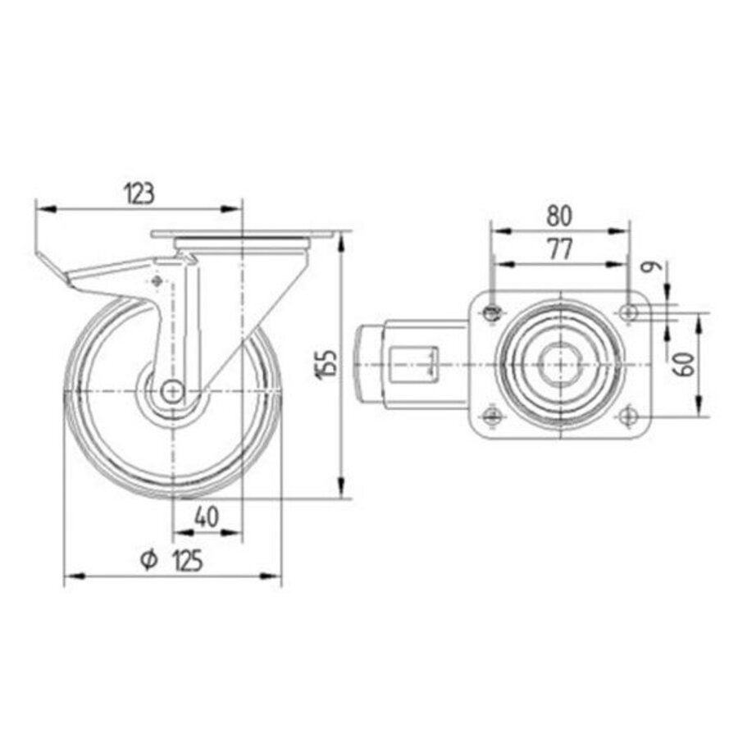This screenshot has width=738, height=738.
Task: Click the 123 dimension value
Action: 139,194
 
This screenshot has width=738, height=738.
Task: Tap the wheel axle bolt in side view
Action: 172,392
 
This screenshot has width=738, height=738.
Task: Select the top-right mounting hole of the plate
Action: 628,312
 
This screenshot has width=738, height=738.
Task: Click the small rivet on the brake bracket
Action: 156,281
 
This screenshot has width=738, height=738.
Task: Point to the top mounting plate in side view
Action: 242,236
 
